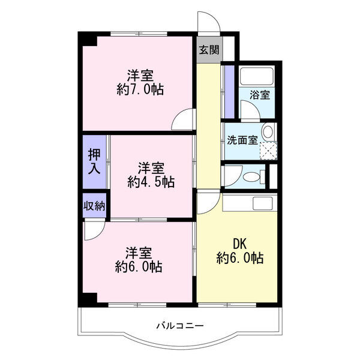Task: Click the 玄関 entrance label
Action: point(209,50)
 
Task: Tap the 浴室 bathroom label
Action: point(260,94)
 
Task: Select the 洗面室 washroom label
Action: point(242,140)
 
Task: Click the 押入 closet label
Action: point(95,160)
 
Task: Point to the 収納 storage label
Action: point(94,206)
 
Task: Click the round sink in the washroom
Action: point(268,132)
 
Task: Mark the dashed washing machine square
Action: point(268,150)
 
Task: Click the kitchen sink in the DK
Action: point(263,203)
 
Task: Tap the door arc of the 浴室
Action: point(250,108)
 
